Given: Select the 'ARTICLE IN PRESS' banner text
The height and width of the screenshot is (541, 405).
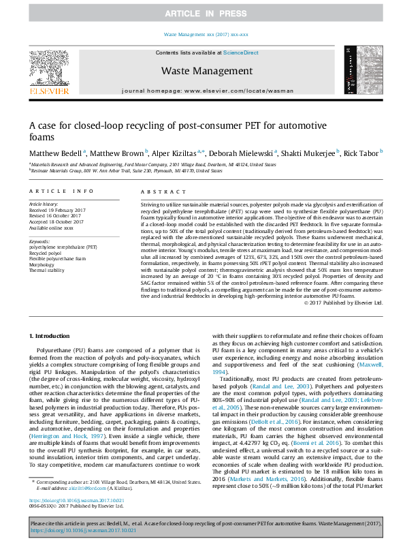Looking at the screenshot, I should click(202, 14).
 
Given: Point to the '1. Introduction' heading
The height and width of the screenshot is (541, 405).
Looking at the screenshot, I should click(52, 337).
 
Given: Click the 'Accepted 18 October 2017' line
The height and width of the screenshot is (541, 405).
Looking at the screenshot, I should click(56, 220).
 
